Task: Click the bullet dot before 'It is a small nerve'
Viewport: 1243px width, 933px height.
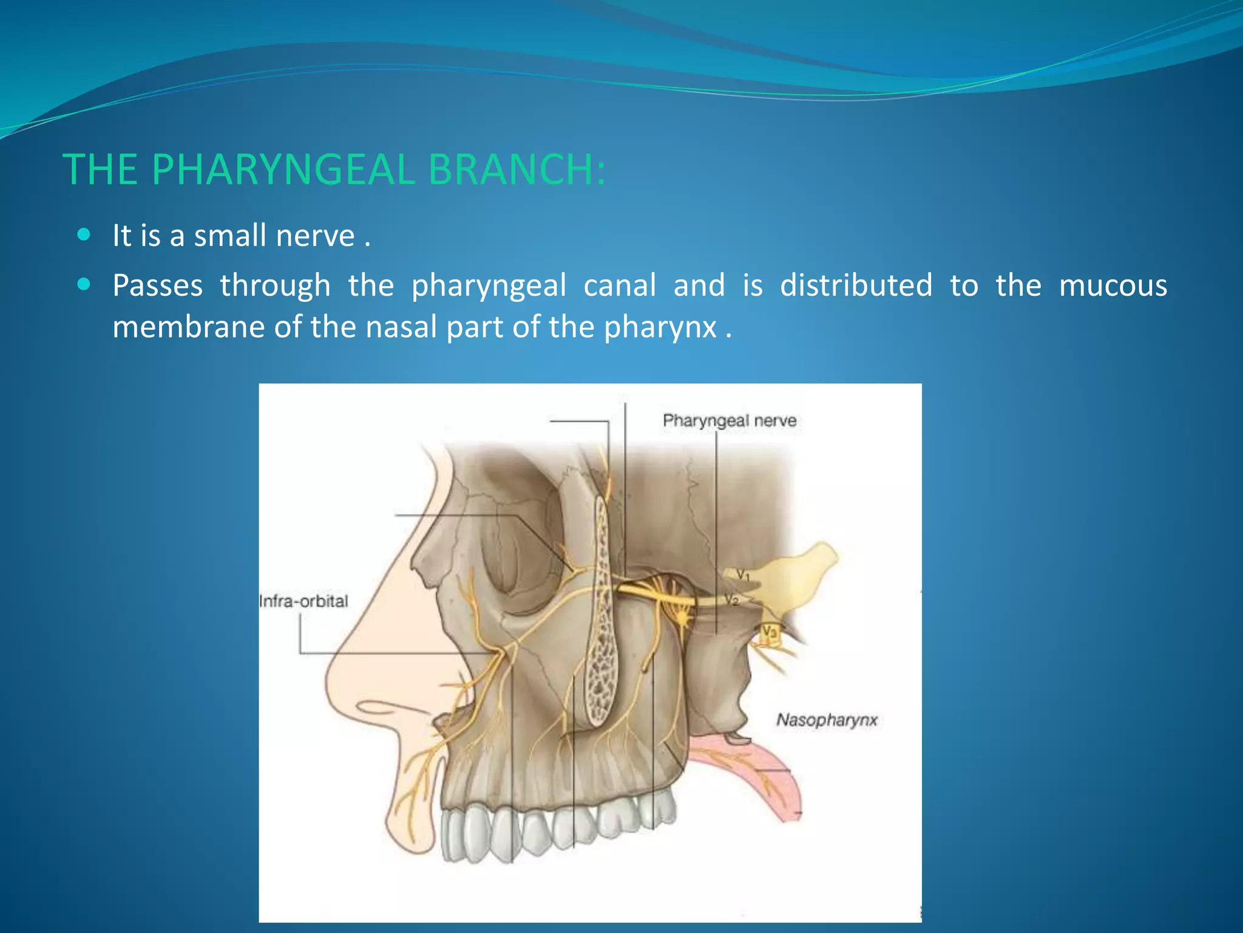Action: click(x=84, y=234)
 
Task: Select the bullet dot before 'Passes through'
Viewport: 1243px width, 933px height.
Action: click(x=84, y=284)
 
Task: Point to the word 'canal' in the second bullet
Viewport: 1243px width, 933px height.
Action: click(x=619, y=285)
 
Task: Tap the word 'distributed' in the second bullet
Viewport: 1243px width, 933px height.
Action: click(x=856, y=285)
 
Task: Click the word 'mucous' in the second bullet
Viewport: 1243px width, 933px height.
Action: click(x=1113, y=285)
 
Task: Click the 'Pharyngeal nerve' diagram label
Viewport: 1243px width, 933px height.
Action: click(x=729, y=420)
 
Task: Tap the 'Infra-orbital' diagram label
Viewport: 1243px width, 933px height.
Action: click(x=303, y=601)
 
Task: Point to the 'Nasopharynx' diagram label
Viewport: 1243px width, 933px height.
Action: click(x=827, y=720)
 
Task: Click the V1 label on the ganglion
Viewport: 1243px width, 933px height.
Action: click(x=743, y=574)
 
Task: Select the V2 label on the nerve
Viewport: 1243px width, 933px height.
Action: click(x=731, y=600)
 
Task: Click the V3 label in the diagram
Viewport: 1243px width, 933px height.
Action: click(x=769, y=632)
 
